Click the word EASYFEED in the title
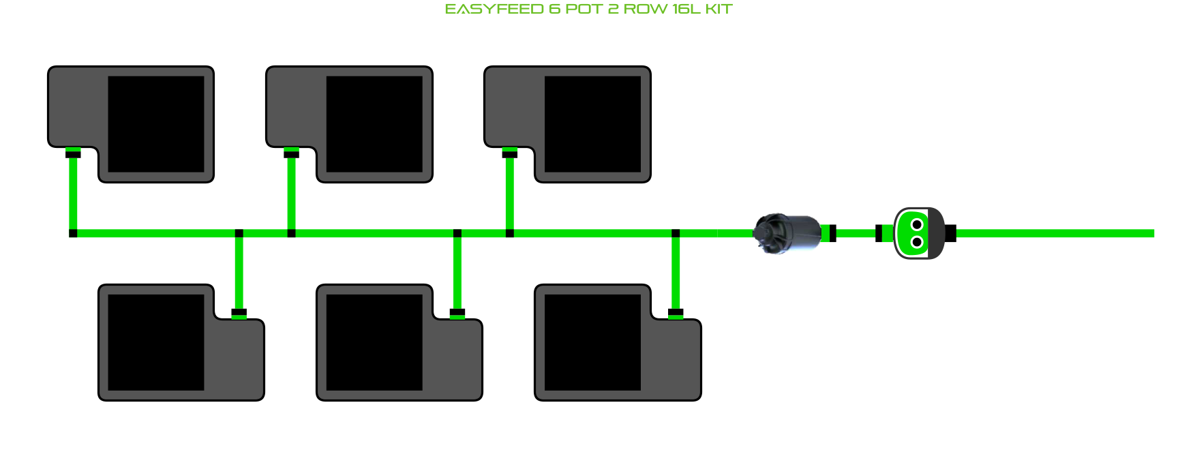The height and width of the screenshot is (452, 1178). point(494,9)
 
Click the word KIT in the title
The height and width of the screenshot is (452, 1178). point(719,9)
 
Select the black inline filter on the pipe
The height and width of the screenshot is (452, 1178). point(787,233)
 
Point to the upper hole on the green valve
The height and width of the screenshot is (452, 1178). point(917,224)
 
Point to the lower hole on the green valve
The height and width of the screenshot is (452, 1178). point(917,242)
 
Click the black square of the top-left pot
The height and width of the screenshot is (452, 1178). point(156,124)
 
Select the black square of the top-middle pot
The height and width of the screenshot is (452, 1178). point(374,124)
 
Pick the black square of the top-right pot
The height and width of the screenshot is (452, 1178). point(592,124)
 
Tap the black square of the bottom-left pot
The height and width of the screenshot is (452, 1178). point(156,342)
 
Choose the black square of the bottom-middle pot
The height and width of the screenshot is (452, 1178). point(374,342)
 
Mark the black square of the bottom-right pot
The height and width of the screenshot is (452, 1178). point(592,342)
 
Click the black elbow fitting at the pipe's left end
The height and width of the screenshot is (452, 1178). point(73,233)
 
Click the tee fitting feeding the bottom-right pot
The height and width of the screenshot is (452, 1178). point(676,233)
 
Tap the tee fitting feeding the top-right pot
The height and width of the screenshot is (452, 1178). point(509,233)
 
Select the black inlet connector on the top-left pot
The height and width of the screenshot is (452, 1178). point(73,154)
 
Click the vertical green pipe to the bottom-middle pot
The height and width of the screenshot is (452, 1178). point(457,273)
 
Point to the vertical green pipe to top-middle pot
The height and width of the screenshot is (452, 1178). point(291,194)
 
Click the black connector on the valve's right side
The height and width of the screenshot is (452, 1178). point(950,233)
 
